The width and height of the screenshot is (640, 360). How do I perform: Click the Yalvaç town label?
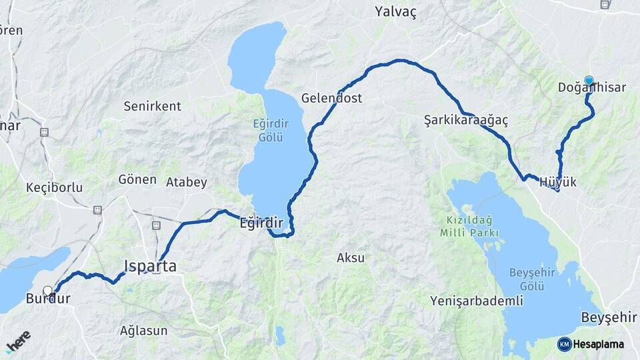(x=395, y=12)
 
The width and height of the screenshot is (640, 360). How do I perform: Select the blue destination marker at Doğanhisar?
(x=589, y=81)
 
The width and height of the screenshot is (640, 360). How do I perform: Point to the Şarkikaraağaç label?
(x=466, y=121)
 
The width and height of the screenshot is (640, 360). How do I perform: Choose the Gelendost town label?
(x=331, y=98)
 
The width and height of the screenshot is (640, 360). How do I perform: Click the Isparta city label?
(x=150, y=267)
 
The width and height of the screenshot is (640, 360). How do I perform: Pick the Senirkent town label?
(x=152, y=106)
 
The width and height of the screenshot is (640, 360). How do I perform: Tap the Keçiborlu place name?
(x=54, y=187)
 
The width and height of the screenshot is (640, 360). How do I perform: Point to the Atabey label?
(x=187, y=182)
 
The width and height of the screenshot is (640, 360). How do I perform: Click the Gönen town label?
(x=137, y=179)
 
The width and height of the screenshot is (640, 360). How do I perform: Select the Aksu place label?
(x=351, y=257)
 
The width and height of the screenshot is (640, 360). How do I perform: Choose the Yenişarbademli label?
(x=477, y=301)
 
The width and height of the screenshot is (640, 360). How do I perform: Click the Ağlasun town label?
(x=143, y=330)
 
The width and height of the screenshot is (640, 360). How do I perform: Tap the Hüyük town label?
(x=557, y=182)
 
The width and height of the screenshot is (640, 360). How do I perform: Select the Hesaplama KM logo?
(x=591, y=344)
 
